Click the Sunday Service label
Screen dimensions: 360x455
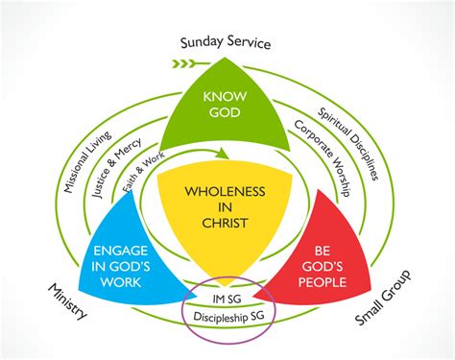pyautogui.click(x=227, y=43)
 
